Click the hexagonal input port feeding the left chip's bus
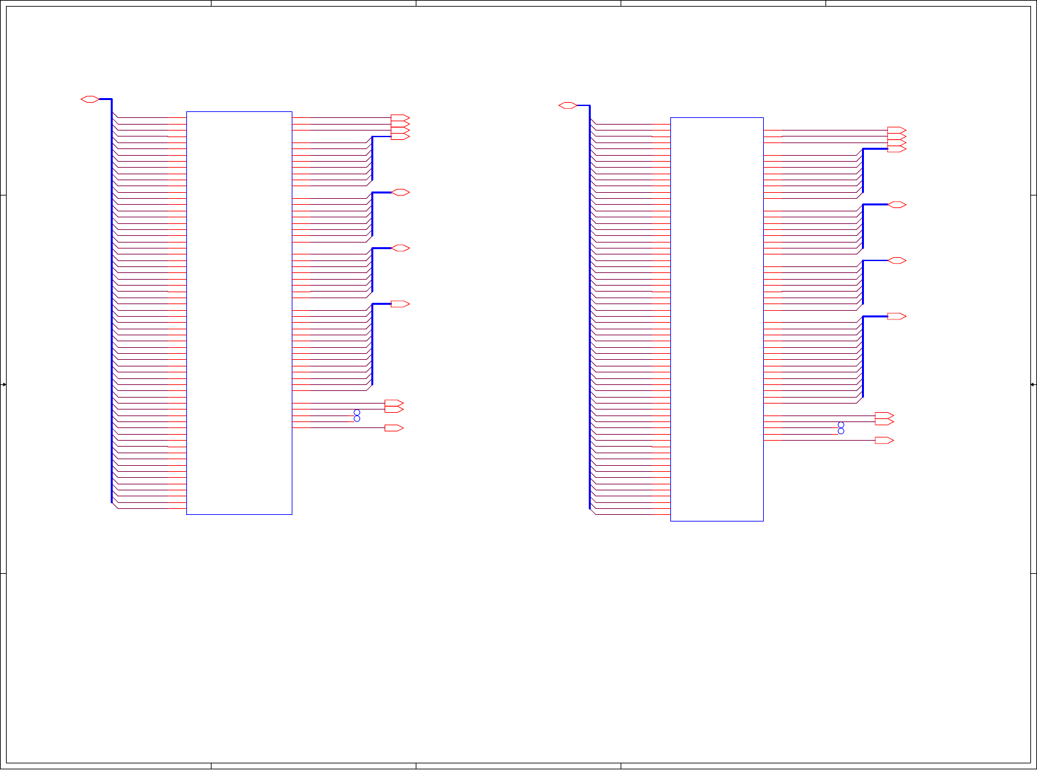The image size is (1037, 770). pos(90,99)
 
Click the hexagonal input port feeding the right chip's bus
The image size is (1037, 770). pos(568,105)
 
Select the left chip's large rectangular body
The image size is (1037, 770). pos(239,313)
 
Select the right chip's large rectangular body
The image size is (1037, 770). pos(717,319)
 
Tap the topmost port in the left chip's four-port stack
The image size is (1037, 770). pos(400,118)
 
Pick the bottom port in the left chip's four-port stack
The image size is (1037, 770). pos(400,137)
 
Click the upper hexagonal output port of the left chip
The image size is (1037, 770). pos(400,192)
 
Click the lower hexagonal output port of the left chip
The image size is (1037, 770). pos(400,248)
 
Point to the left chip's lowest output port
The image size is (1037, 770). pos(394,428)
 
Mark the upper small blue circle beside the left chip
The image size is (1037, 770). pos(357,412)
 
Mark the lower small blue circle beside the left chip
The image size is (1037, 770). pos(357,419)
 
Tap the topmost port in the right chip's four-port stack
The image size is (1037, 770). pos(896,131)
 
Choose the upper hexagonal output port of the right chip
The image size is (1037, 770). pos(897,205)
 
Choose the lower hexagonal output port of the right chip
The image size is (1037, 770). pos(897,260)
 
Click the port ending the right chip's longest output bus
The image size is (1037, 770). pos(896,317)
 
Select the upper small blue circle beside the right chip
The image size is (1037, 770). pos(841,425)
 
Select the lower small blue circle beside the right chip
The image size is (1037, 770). pos(841,431)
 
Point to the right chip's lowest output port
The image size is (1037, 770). pos(884,441)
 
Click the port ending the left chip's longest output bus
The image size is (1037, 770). pos(400,304)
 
